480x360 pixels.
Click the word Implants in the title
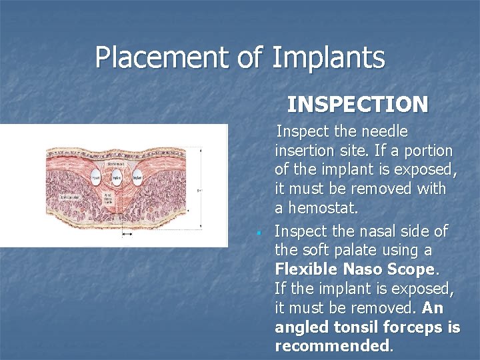pos(328,57)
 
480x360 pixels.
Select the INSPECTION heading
pos(357,105)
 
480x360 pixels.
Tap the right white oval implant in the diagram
pos(137,178)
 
